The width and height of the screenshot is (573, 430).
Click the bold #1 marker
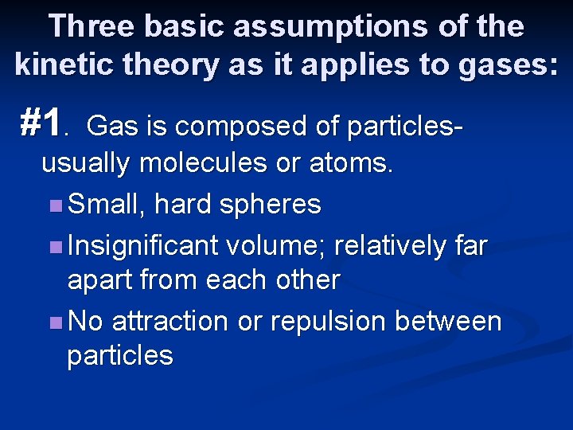pos(41,123)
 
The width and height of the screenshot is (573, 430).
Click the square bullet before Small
pos(54,205)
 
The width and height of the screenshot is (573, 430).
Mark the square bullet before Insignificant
pos(54,247)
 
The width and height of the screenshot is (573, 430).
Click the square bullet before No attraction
pos(54,322)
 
